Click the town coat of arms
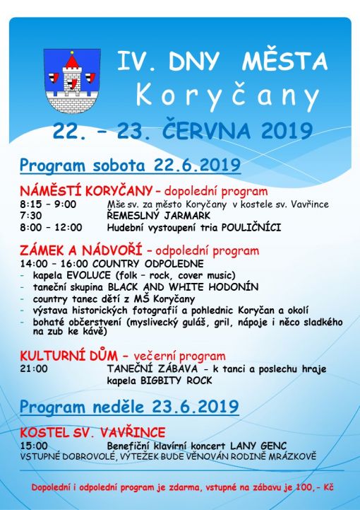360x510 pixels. (72, 81)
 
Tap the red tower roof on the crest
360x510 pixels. (72, 61)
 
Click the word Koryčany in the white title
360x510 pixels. (228, 95)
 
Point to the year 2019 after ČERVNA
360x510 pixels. (287, 131)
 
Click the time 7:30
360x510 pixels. (31, 216)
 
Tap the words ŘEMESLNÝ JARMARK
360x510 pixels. (159, 215)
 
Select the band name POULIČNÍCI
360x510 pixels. (251, 227)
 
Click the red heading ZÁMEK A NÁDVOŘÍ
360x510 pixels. (81, 251)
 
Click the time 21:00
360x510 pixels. (34, 369)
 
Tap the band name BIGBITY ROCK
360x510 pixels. (176, 381)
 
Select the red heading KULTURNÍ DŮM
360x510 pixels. (68, 356)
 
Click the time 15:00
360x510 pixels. (34, 445)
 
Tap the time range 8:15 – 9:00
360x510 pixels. (48, 204)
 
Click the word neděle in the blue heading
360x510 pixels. (116, 407)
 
